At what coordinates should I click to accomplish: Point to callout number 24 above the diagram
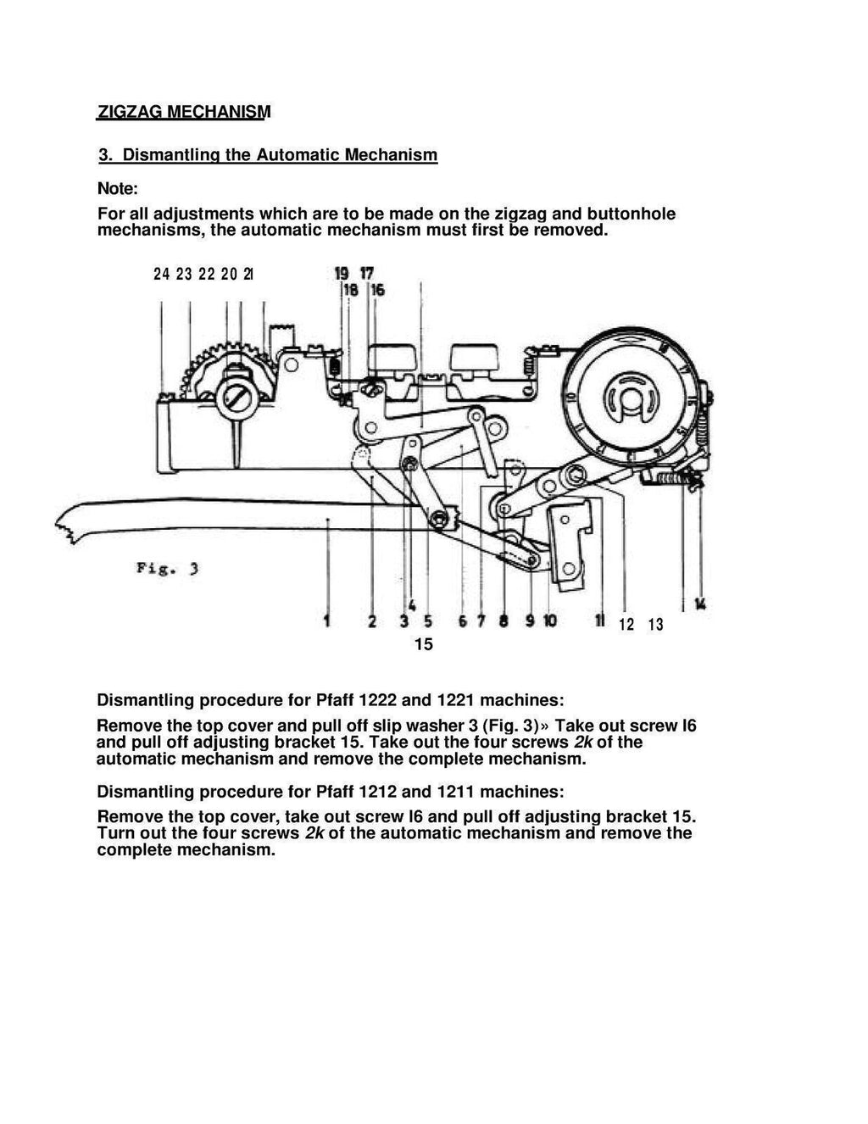point(161,274)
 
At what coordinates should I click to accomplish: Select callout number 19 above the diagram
point(342,273)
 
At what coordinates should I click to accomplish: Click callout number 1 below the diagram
point(327,624)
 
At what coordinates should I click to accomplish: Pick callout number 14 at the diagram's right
point(700,604)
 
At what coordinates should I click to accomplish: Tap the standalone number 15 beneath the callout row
point(423,645)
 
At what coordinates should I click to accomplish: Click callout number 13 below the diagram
point(655,626)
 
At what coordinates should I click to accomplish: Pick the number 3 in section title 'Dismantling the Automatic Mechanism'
point(104,155)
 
